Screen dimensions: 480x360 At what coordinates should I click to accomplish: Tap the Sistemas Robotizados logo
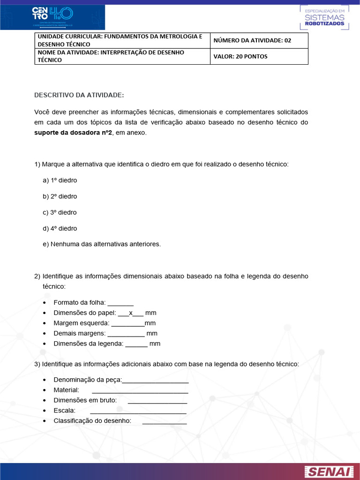pyautogui.click(x=324, y=17)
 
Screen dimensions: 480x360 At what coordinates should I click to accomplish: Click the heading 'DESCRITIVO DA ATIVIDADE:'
pyautogui.click(x=79, y=95)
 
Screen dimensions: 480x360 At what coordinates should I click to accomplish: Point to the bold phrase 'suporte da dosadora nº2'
pyautogui.click(x=73, y=133)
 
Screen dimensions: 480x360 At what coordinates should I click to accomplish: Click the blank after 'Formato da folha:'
pyautogui.click(x=120, y=303)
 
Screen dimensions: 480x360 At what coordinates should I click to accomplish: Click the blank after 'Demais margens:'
pyautogui.click(x=126, y=334)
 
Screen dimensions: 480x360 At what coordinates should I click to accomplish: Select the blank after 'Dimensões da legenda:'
pyautogui.click(x=136, y=344)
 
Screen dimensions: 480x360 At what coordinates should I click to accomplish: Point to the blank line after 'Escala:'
pyautogui.click(x=138, y=411)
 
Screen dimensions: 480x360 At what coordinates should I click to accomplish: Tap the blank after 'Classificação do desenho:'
pyautogui.click(x=164, y=421)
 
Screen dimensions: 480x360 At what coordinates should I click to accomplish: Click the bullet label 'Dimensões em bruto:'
pyautogui.click(x=85, y=401)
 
